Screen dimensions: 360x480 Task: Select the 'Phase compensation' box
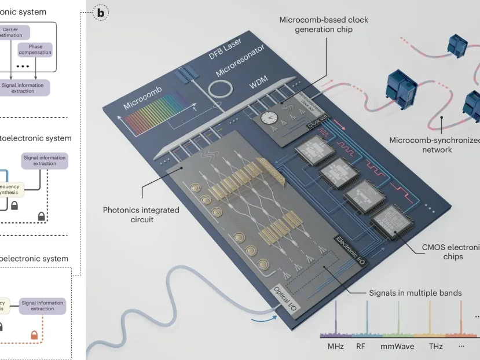[35, 49]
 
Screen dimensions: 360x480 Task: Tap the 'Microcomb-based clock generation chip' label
[323, 24]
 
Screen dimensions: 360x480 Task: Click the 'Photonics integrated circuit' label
[141, 215]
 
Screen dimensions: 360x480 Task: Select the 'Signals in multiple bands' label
[415, 293]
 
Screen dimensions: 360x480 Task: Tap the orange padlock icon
[34, 335]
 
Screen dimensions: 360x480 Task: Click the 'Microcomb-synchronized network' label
[434, 145]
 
